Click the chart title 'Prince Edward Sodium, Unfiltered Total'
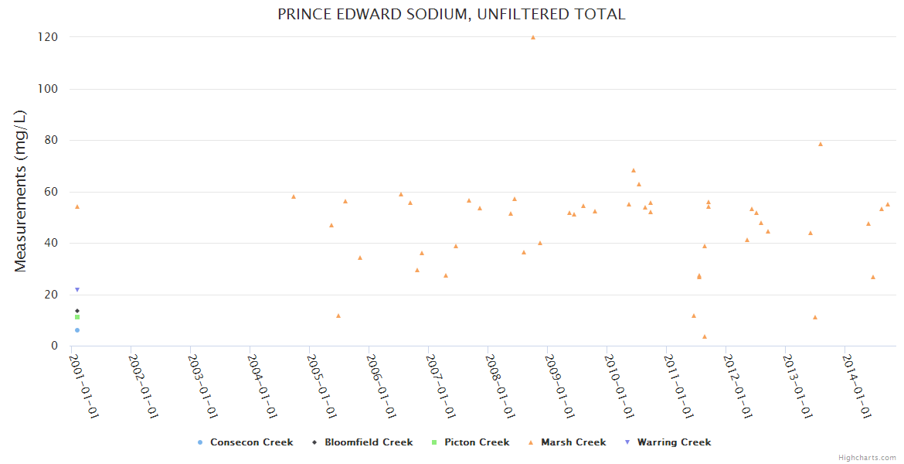tap(452, 14)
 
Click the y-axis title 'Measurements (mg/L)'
tap(21, 191)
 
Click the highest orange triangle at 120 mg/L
tap(533, 37)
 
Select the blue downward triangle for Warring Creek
tap(77, 290)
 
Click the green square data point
tap(77, 317)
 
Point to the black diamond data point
tap(77, 311)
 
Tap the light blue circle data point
tap(77, 330)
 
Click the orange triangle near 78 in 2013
tap(821, 145)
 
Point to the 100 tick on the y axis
tap(50, 89)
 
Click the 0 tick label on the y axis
tap(55, 346)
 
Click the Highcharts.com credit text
tap(867, 458)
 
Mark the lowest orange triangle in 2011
tap(705, 336)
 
